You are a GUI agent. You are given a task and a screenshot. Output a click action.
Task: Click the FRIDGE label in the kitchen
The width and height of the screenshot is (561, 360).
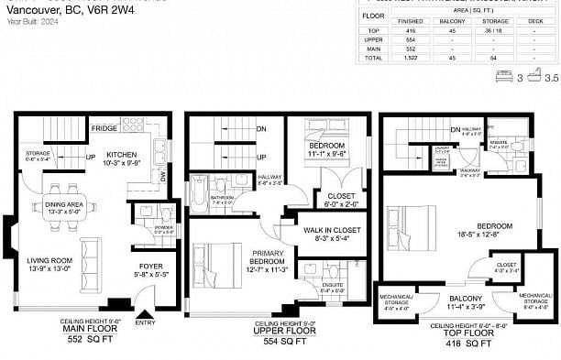click(x=103, y=129)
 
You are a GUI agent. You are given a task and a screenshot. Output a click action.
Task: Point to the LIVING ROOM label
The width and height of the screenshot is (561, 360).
click(x=49, y=264)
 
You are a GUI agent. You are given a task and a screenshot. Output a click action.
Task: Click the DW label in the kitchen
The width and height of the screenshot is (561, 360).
click(x=162, y=177)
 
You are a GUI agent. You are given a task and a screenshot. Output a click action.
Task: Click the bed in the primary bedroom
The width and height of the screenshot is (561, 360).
click(x=216, y=258)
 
